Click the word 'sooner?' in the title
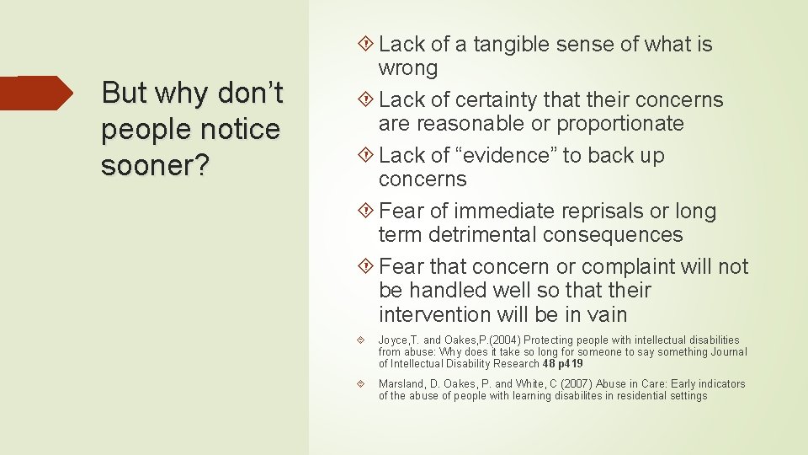(155, 166)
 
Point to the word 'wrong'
(408, 68)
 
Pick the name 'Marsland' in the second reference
(401, 384)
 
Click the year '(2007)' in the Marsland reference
(577, 384)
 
